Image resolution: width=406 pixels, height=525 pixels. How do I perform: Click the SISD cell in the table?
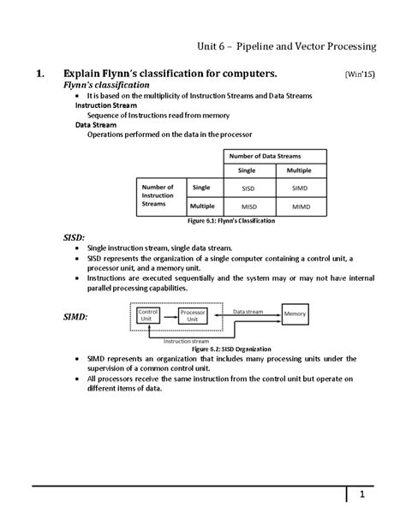click(249, 187)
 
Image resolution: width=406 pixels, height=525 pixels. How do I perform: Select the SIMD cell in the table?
click(300, 187)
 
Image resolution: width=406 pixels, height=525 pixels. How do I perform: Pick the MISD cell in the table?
click(249, 206)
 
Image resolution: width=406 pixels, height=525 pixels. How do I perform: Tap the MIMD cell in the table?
click(300, 206)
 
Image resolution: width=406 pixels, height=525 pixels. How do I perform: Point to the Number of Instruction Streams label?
click(158, 196)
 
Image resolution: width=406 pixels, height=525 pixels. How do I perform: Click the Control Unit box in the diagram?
click(150, 316)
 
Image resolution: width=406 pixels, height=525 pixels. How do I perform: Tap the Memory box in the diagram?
click(295, 314)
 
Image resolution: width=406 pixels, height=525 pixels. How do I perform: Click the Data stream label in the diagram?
click(248, 312)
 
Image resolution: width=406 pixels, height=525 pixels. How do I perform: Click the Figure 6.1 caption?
click(231, 221)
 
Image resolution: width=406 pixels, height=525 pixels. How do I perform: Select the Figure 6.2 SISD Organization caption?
click(231, 349)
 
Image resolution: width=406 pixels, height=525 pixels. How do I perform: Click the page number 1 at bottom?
click(362, 495)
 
